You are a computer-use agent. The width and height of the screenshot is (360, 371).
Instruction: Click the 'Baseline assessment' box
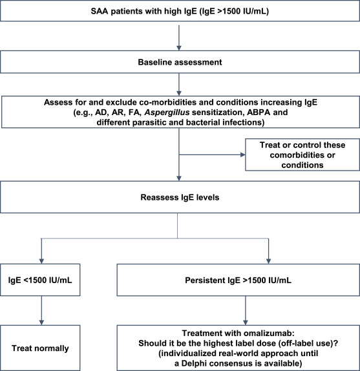pyautogui.click(x=180, y=63)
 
